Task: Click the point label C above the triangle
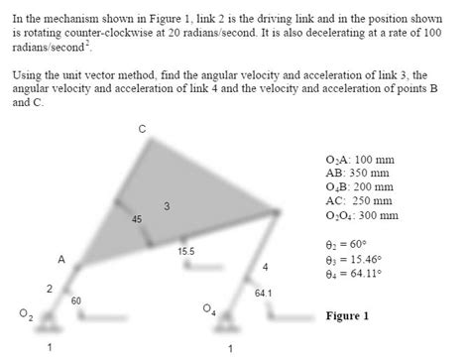142,129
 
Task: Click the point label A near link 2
60,259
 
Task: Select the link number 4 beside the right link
265,268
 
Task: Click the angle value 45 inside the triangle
137,218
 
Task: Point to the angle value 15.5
185,252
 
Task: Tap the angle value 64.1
263,293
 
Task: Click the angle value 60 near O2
75,300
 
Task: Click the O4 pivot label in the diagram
208,310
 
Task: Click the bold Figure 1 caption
347,316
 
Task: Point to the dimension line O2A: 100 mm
361,159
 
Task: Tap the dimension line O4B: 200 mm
361,186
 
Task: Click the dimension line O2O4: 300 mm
363,214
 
